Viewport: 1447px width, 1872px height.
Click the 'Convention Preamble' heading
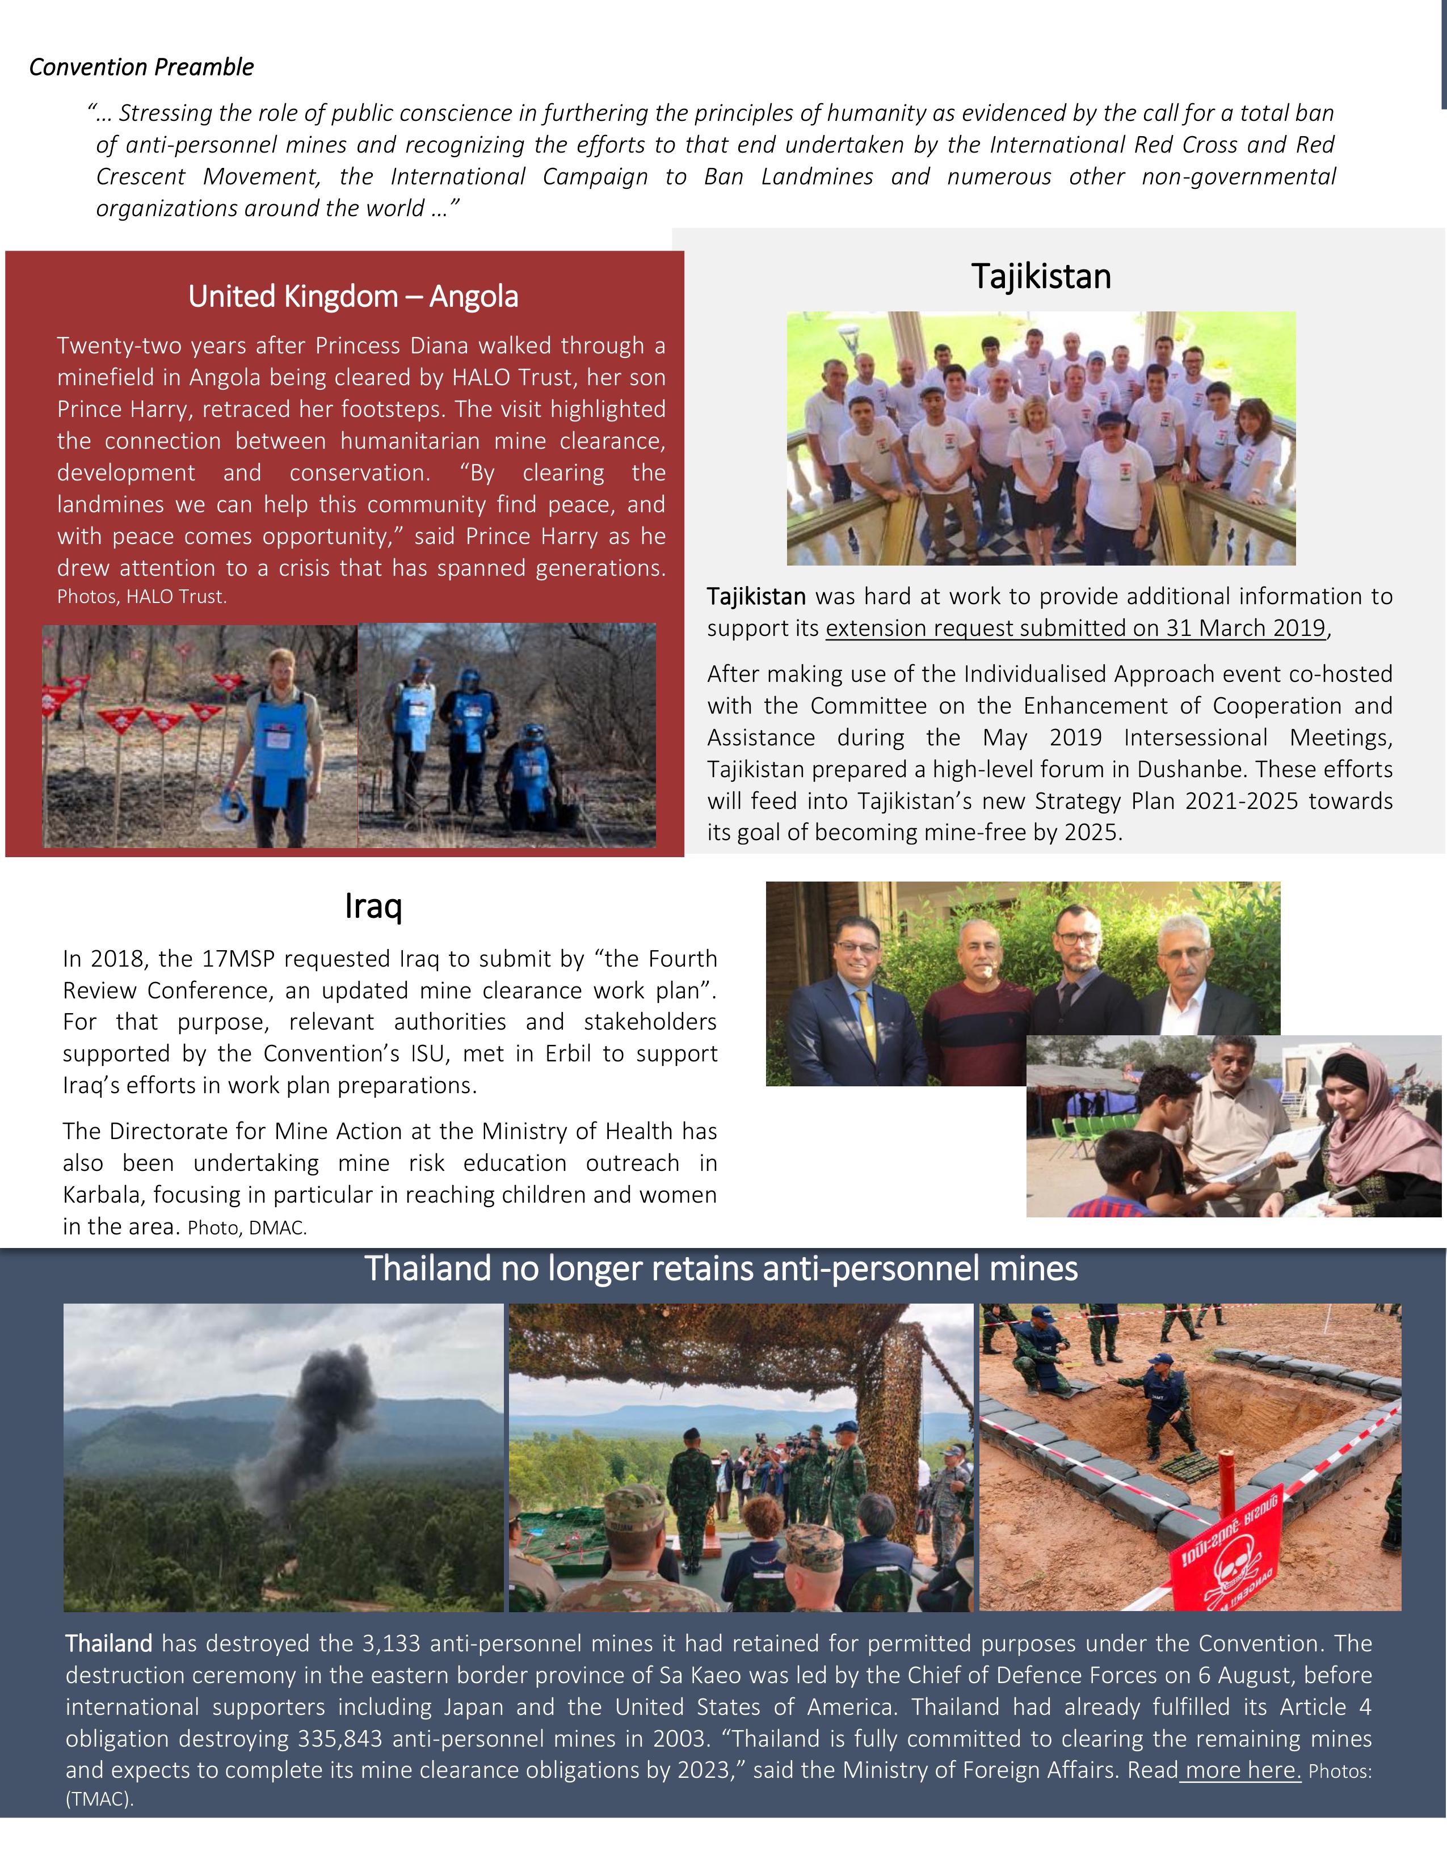click(x=141, y=67)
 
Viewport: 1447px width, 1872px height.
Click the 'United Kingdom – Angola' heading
click(x=353, y=297)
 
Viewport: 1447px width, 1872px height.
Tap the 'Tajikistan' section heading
click(x=1041, y=277)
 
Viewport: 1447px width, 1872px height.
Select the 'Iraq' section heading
click(x=373, y=906)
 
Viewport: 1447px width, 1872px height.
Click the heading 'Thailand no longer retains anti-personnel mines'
click(x=721, y=1268)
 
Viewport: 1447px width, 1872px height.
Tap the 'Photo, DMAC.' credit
click(x=247, y=1228)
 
